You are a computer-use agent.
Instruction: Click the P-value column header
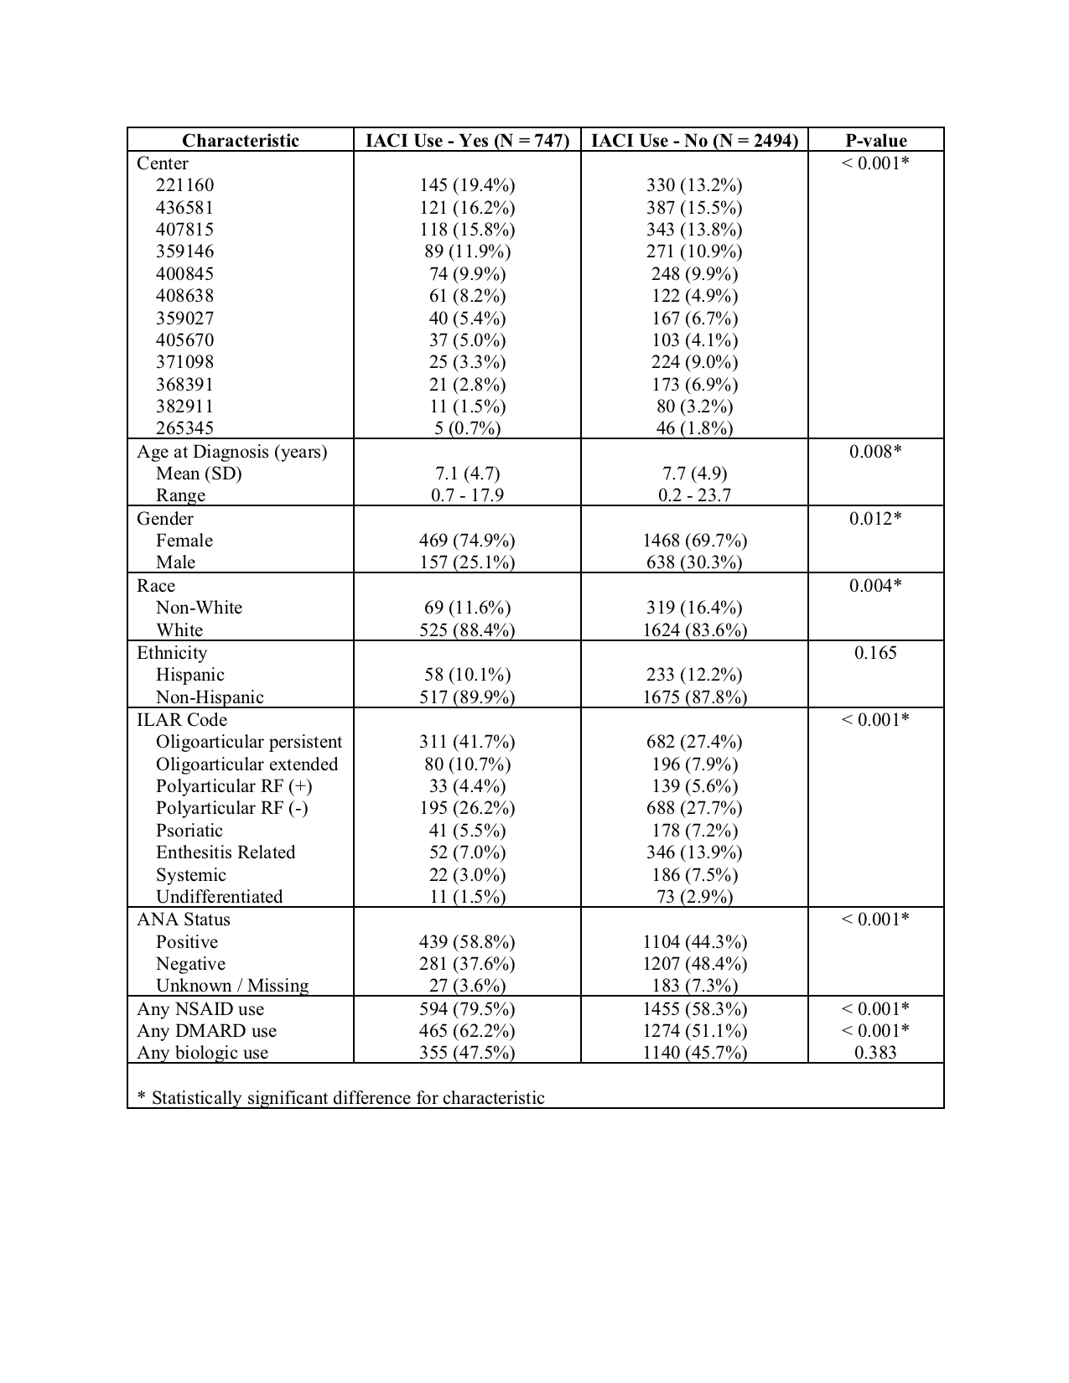875,140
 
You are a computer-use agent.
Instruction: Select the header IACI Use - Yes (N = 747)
467,140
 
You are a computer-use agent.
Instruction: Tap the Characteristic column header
241,140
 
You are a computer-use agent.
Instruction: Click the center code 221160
184,185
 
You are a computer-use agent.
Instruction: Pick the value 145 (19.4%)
467,185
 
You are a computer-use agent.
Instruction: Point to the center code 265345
184,428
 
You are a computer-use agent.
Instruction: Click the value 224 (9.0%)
694,362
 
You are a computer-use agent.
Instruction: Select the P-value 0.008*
875,452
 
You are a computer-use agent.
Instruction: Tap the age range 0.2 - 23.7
694,495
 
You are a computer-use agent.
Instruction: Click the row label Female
184,541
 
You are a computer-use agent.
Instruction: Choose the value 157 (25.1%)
467,562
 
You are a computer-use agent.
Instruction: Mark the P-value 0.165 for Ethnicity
875,653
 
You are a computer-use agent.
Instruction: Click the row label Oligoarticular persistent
249,742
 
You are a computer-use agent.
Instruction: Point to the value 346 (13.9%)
694,852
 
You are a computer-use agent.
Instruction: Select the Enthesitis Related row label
226,852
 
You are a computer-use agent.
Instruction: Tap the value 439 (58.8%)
467,942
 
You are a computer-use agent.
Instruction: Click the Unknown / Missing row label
232,986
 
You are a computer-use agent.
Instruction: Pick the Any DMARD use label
206,1031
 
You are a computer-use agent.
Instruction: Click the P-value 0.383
875,1053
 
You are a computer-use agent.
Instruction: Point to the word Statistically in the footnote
197,1098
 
